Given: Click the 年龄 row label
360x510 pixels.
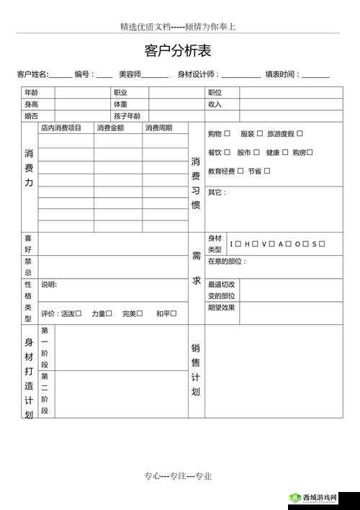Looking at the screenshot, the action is click(31, 93).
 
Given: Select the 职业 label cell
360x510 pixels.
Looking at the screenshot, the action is click(120, 93).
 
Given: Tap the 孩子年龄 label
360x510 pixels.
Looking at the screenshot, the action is click(127, 116).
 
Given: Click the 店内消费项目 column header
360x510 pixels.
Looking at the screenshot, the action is click(61, 128).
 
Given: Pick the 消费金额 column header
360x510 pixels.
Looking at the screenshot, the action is click(110, 128).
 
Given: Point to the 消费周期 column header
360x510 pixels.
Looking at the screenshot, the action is click(158, 128).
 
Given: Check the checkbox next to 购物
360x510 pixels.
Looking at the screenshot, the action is click(227, 133).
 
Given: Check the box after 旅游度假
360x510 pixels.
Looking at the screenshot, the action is click(300, 133).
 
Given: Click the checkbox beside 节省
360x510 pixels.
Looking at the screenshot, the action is click(267, 171).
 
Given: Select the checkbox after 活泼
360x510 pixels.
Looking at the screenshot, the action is click(78, 313).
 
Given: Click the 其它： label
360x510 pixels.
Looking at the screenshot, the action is click(217, 192).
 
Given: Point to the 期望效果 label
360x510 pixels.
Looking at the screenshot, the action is click(221, 308).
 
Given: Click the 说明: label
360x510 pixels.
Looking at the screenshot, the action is click(49, 285).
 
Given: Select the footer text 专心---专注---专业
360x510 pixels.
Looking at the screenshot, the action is click(177, 476).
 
